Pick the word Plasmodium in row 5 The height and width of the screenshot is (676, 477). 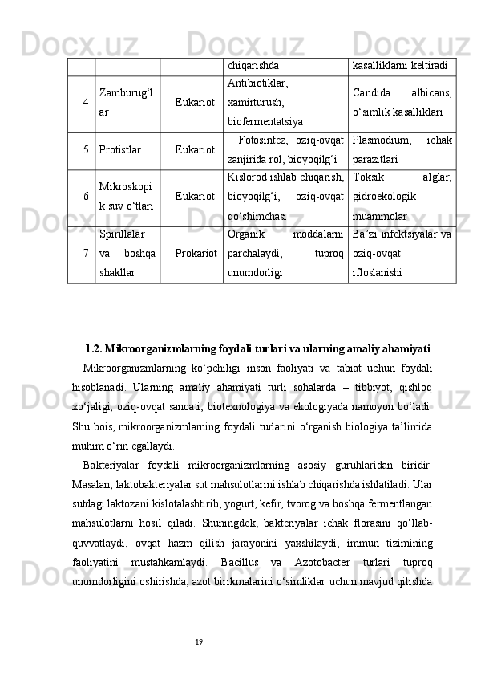(x=382, y=141)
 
